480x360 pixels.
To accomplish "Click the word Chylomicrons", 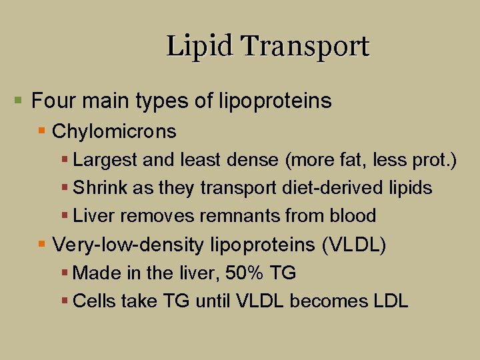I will click(x=114, y=131).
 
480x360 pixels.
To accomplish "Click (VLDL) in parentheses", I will click(x=353, y=245).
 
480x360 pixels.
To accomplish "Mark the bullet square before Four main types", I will click(x=19, y=101).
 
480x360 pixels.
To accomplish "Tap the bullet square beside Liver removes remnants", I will click(x=65, y=216).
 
